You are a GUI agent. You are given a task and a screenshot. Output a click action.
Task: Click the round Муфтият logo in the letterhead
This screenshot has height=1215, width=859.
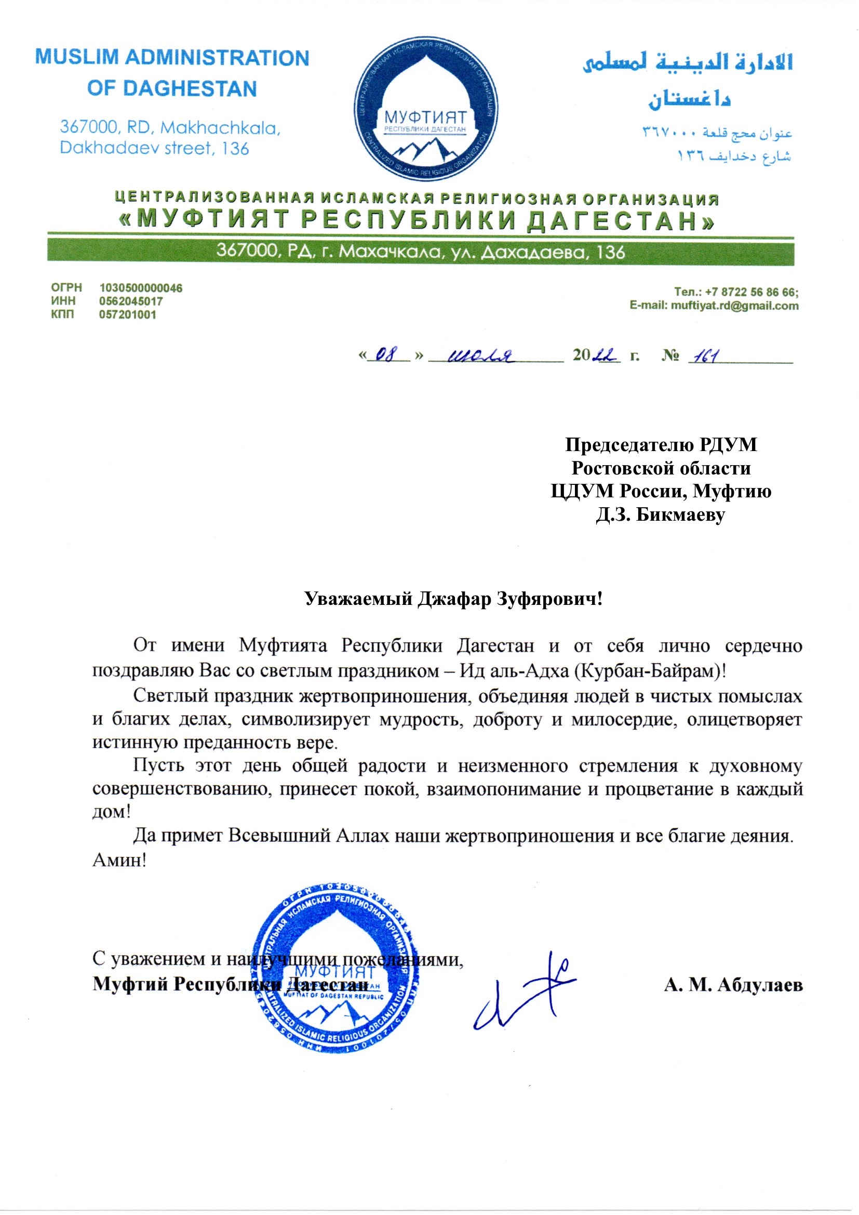click(x=426, y=109)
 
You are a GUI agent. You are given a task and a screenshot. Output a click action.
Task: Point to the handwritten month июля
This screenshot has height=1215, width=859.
click(x=482, y=355)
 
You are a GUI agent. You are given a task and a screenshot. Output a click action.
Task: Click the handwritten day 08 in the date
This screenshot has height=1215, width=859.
click(x=389, y=354)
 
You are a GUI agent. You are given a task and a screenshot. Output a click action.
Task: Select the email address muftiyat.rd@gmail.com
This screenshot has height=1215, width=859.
click(x=735, y=306)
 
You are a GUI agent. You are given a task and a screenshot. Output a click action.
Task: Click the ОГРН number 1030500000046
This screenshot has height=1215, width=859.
click(x=141, y=288)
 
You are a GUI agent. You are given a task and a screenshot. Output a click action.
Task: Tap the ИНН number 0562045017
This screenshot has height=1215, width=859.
click(x=131, y=301)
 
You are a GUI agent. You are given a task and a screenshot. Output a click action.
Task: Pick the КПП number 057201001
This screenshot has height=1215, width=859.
click(x=127, y=314)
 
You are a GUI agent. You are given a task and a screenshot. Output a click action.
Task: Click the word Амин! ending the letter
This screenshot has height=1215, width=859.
click(x=119, y=860)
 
